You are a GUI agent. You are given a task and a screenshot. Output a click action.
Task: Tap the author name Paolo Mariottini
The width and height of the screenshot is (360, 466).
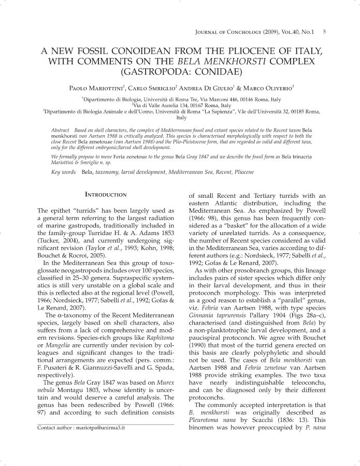click(x=99, y=88)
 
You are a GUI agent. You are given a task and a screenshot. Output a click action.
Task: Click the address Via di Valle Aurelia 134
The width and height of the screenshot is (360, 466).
click(x=179, y=105)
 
